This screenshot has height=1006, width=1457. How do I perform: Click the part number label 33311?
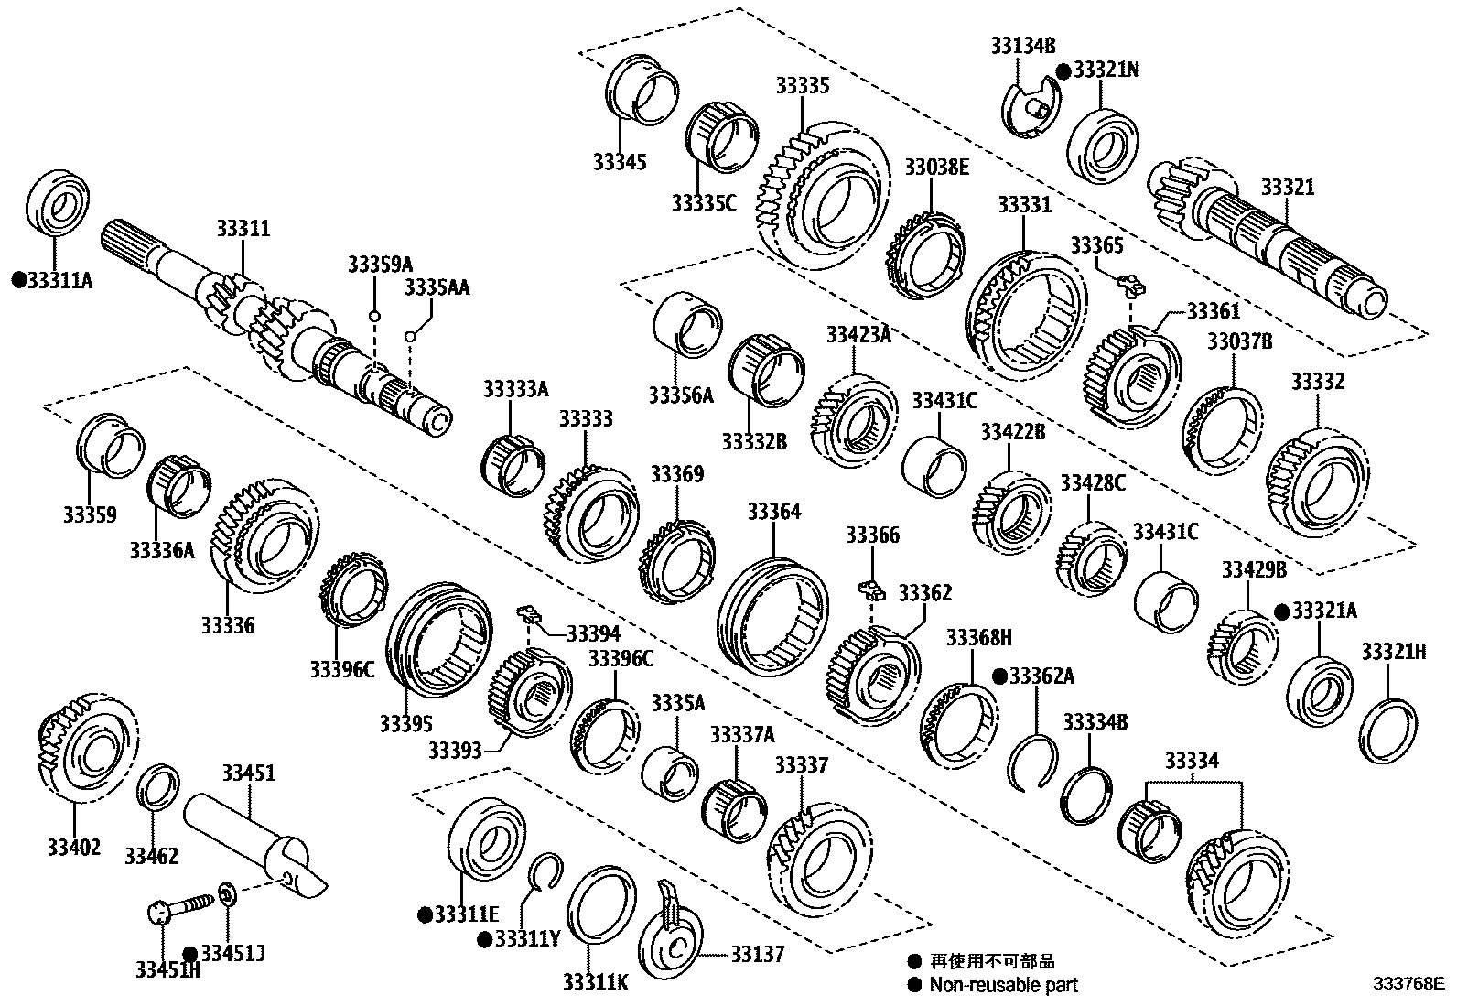point(243,228)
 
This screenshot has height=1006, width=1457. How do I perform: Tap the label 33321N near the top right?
point(1106,70)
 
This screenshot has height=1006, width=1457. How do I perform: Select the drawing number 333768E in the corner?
point(1407,985)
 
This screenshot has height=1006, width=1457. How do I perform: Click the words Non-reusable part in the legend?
point(1003,986)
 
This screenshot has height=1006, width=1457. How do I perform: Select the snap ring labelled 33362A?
point(1031,761)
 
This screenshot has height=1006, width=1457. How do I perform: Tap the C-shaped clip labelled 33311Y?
point(546,871)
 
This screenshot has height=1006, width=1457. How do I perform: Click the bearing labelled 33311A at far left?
point(57,202)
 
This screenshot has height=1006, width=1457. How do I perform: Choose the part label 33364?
point(773,512)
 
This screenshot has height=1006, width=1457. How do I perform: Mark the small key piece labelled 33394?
point(527,612)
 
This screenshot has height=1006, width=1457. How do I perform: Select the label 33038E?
point(936,168)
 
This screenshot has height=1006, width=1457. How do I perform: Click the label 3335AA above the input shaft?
point(437,287)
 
